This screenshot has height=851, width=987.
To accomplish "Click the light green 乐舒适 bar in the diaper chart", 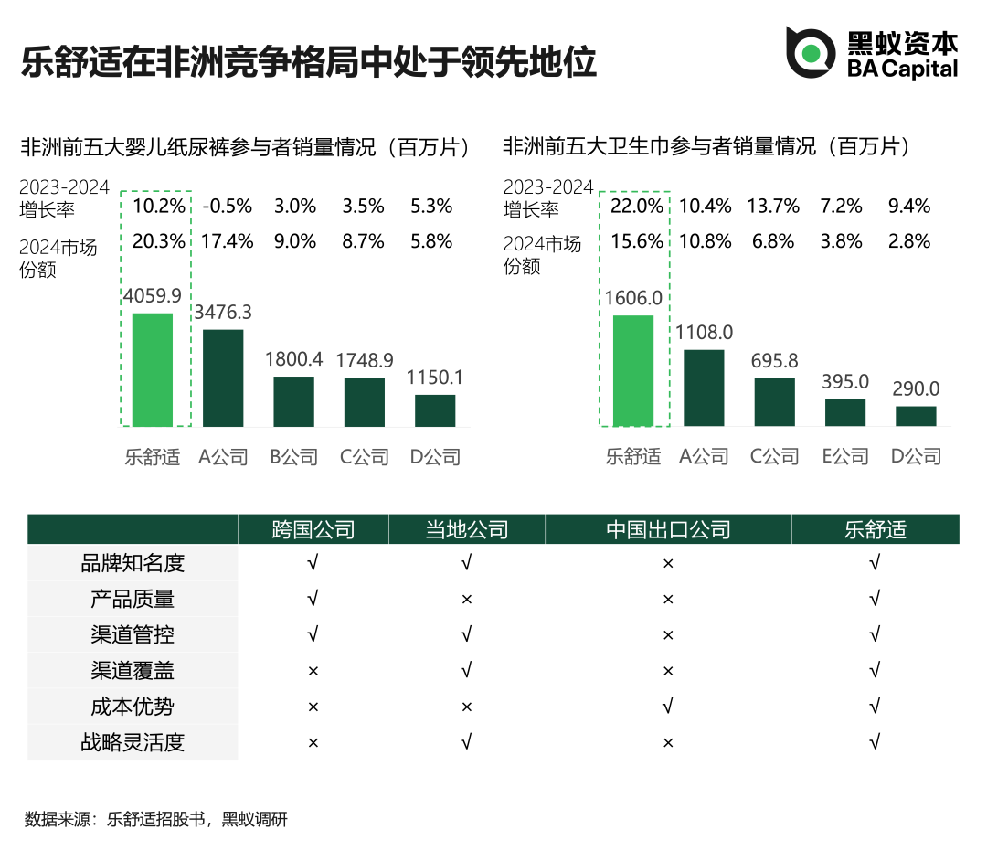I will coord(153,369).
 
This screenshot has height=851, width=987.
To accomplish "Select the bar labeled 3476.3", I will coord(223,378).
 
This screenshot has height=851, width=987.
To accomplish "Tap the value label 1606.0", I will coord(633,298).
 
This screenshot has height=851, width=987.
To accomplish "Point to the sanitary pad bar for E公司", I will coord(845,412).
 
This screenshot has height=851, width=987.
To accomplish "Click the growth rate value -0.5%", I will coord(228,207).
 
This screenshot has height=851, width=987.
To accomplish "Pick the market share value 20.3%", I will coord(158,242).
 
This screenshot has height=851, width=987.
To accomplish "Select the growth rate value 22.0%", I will coord(637,207).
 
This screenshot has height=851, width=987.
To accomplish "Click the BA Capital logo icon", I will coord(811,53).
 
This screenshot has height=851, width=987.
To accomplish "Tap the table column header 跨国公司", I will coord(313,529).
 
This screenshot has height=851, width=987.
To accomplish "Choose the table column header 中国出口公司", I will coord(668,529).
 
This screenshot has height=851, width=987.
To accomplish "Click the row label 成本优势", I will coord(133,707).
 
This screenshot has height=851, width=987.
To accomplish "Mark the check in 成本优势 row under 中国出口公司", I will coord(668,707).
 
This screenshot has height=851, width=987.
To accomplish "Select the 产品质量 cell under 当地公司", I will coord(466,600).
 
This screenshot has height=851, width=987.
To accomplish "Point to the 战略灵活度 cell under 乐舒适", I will coord(875,742).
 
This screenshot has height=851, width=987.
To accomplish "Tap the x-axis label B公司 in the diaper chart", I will coord(294,457).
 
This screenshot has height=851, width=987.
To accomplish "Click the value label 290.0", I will coord(917,389).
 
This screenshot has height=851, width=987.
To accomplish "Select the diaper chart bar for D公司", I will coord(435,410).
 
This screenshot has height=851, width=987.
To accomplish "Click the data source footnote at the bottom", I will coord(156,819).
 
